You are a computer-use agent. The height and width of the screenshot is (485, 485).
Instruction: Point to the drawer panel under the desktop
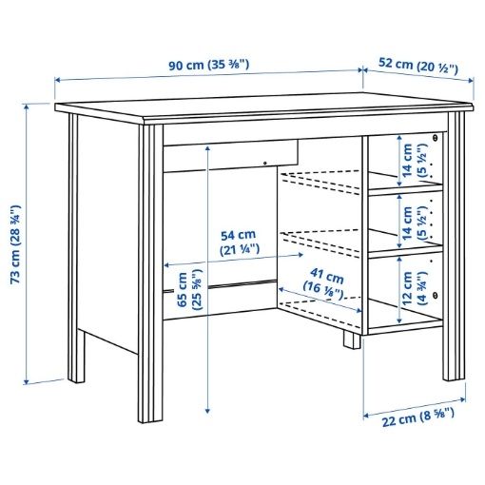[x=228, y=153]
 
